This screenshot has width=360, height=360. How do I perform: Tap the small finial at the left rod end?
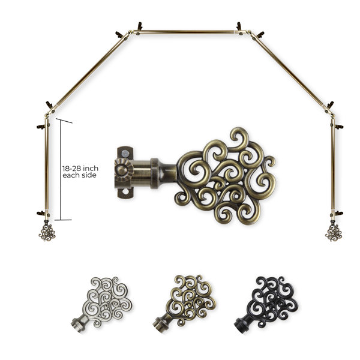[x=47, y=231]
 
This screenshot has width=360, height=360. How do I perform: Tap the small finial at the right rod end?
[x=334, y=231]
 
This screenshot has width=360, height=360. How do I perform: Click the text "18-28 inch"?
[x=80, y=168]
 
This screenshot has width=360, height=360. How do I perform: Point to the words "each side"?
[x=79, y=175]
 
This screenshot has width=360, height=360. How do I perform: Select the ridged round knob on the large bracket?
[x=124, y=170]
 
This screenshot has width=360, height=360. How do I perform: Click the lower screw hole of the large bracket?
[x=125, y=191]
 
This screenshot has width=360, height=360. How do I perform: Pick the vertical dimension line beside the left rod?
[x=61, y=170]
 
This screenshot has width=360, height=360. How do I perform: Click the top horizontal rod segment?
[x=185, y=32]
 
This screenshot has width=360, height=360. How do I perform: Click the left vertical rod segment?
[x=47, y=166]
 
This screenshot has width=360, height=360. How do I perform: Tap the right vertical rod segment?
[x=332, y=166]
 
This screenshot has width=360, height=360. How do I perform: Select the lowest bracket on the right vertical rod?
[x=337, y=214]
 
